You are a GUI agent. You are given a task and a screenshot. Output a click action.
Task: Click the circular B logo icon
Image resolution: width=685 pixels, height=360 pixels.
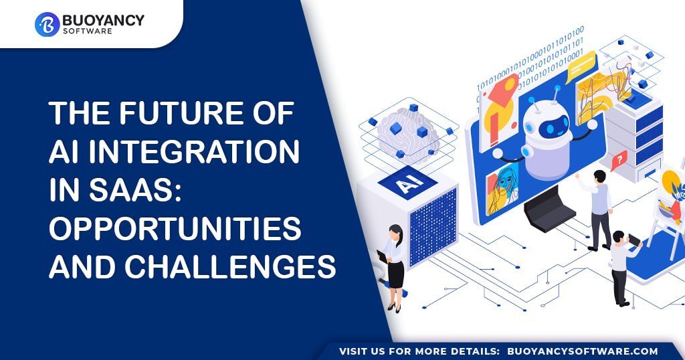[x=47, y=24]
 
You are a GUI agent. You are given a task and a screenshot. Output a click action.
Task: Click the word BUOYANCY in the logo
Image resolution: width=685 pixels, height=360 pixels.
[x=103, y=20]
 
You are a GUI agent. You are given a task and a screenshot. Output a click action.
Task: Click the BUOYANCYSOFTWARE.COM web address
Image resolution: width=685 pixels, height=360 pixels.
[x=583, y=351]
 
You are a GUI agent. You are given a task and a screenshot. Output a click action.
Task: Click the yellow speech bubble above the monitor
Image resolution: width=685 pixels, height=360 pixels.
[x=581, y=68]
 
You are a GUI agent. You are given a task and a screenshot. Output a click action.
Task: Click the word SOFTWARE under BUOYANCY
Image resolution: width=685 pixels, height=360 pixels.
[x=88, y=31]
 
